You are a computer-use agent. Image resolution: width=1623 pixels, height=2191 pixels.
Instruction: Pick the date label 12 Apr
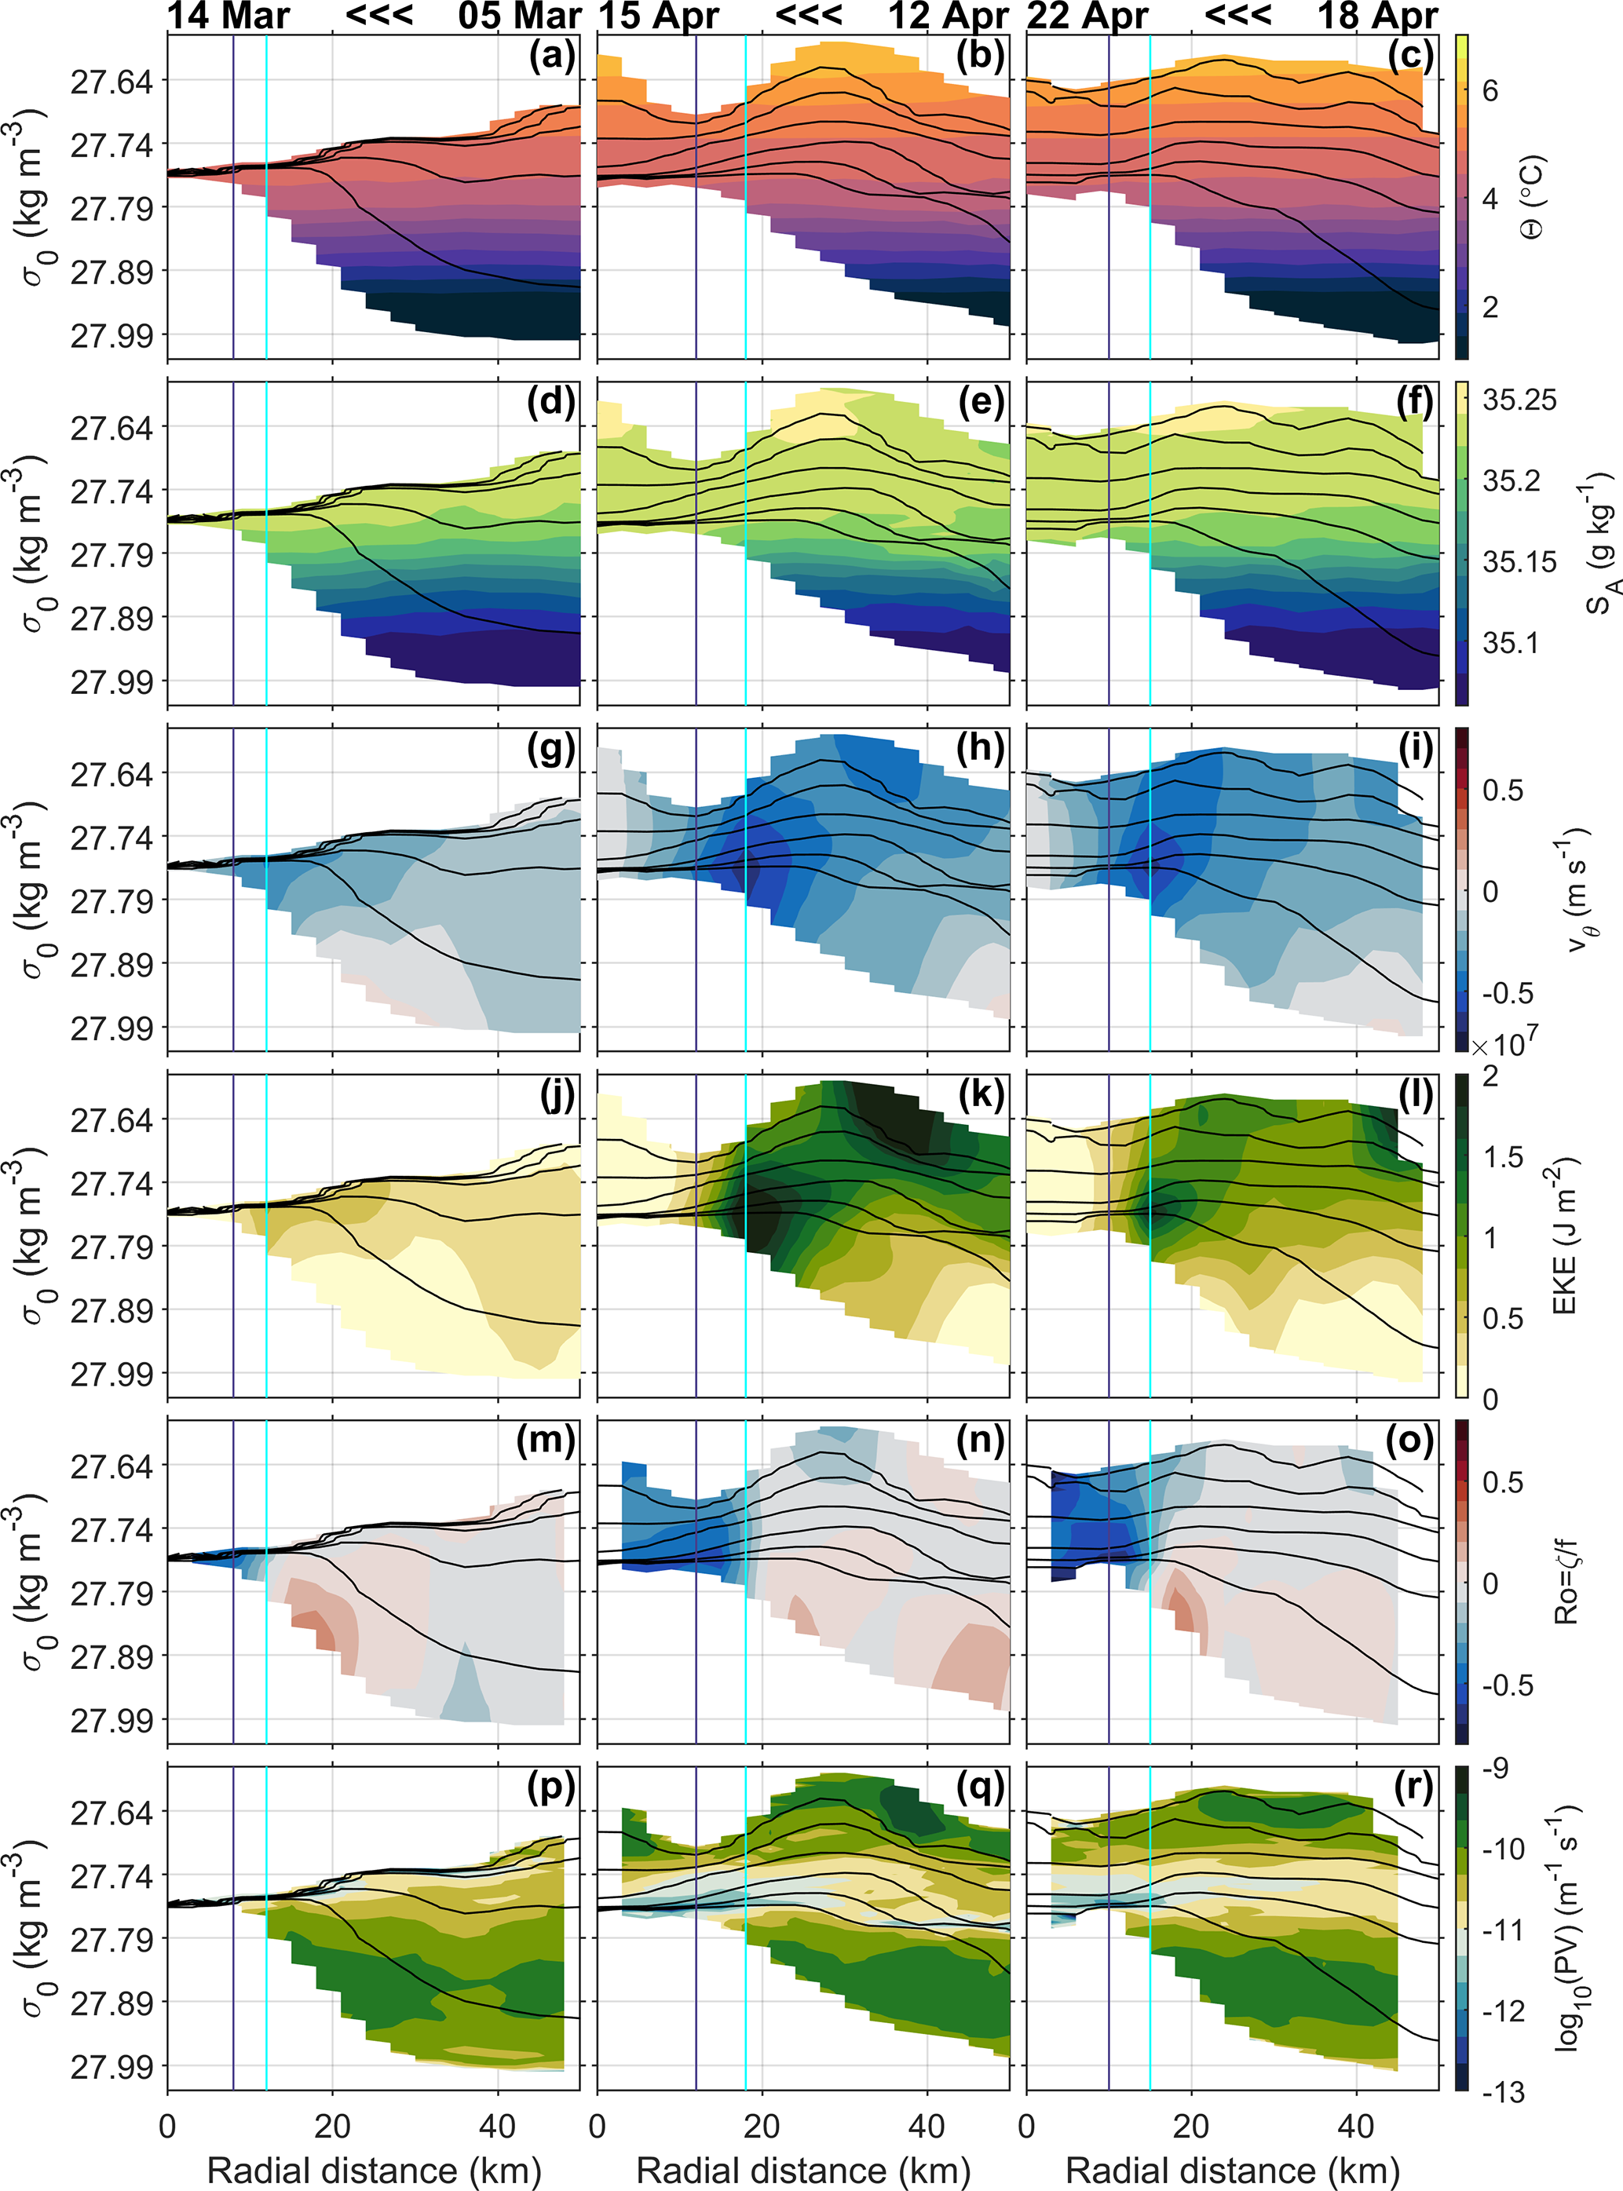[948, 16]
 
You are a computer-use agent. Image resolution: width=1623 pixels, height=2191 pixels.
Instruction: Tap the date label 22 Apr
[1087, 16]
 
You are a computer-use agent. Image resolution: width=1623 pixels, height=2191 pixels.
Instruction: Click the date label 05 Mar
[520, 16]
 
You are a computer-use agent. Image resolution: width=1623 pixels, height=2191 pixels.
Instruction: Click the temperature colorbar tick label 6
[1490, 91]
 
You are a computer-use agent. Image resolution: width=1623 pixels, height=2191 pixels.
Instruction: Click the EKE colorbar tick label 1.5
[1502, 1157]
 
